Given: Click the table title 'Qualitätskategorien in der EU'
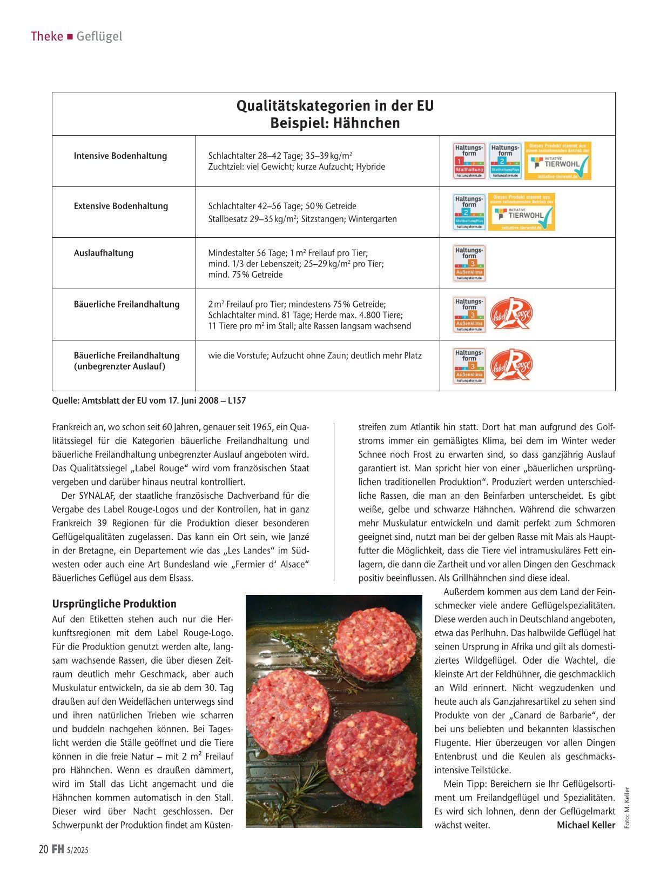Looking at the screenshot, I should [334, 105].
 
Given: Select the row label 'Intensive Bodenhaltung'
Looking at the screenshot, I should [120, 156].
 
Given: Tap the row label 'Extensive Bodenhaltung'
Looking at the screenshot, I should [121, 206].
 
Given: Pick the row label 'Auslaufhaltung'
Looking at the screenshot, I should [104, 253].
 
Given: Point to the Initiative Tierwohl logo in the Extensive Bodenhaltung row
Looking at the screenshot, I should [522, 212].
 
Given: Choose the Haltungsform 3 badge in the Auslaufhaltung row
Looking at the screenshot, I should [469, 263].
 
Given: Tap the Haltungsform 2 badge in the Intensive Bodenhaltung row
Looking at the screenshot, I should [505, 161].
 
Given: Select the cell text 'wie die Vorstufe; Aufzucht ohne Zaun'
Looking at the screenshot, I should [315, 356].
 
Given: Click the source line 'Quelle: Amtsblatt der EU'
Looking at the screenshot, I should [149, 400].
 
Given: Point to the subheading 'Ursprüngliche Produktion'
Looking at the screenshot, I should [114, 604].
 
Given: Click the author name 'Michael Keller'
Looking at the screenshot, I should [585, 825].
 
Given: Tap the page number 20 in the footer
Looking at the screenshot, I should [44, 850].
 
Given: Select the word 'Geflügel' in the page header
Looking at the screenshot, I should [99, 36].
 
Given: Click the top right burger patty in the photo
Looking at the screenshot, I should [375, 641].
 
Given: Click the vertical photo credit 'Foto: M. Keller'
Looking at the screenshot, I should [626, 807].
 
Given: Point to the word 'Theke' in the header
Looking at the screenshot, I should [46, 36].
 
